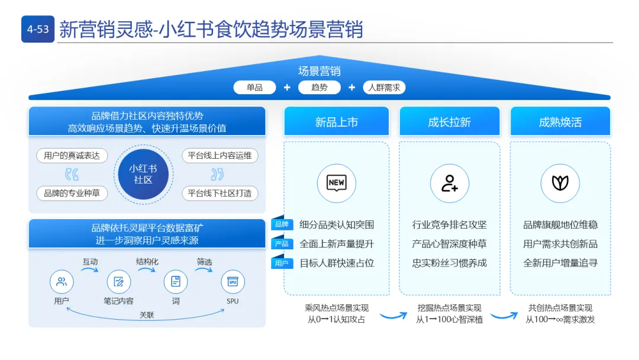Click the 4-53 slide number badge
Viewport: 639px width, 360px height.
38,29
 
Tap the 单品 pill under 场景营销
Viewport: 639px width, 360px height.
254,87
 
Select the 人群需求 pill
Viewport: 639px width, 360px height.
384,87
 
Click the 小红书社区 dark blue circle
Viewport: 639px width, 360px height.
143,174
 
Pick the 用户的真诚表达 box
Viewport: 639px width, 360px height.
72,156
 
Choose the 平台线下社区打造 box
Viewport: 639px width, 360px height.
220,193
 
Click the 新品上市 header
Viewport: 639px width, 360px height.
336,122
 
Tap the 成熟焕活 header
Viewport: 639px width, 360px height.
560,122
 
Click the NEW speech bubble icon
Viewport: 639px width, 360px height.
336,183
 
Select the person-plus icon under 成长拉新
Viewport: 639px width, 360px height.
449,183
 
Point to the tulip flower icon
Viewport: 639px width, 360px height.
560,183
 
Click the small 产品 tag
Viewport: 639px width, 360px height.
282,244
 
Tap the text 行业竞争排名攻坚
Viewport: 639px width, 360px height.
449,225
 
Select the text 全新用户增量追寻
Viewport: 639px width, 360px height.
560,263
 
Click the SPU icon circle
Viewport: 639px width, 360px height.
233,282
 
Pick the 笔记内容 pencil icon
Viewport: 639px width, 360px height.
118,282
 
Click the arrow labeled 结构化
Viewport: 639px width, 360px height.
147,270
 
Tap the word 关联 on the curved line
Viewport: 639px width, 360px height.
147,315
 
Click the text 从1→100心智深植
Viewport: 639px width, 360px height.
449,320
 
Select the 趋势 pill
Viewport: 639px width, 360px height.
319,87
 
